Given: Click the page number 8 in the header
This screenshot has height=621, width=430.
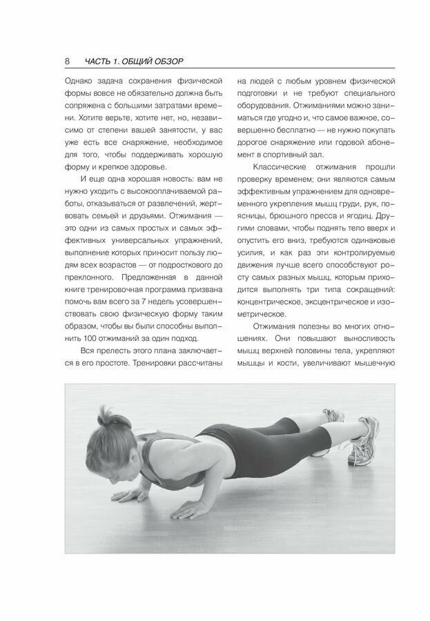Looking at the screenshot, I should coord(67,61).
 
